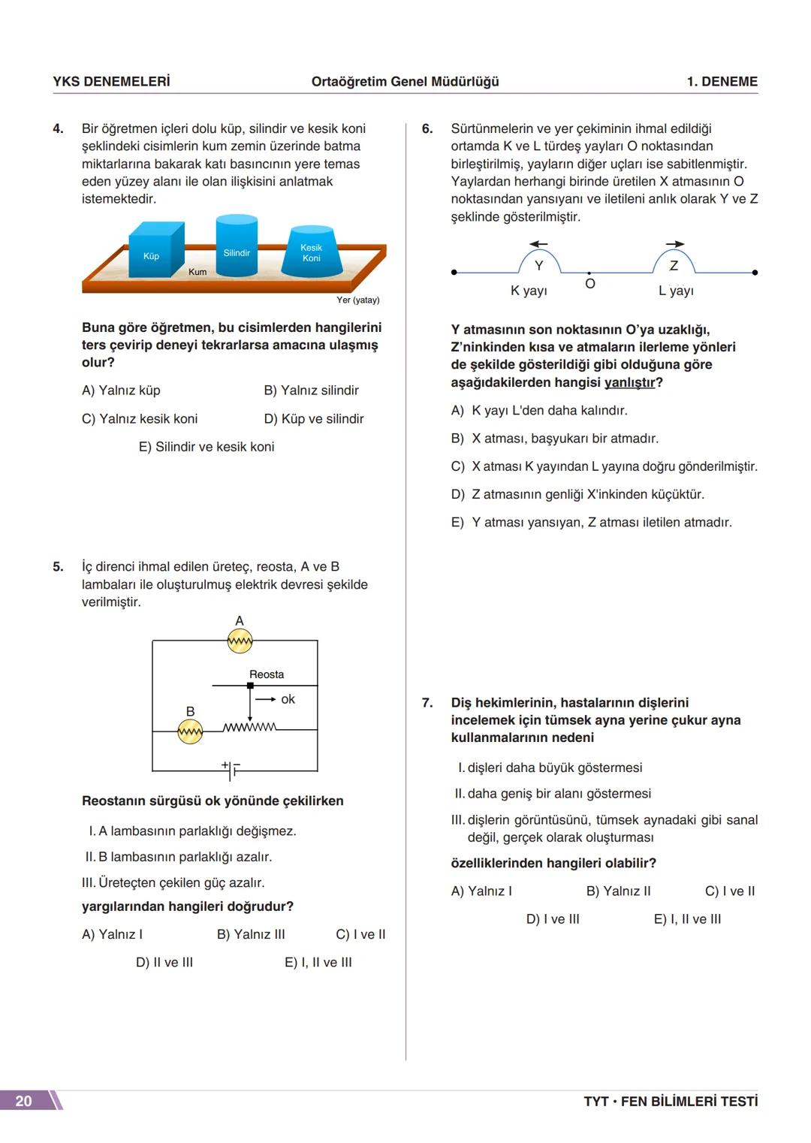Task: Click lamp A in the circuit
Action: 240,641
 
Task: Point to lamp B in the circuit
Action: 190,731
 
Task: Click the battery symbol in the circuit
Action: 232,769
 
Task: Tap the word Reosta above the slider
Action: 267,674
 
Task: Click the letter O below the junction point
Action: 589,284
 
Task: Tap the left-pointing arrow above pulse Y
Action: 538,244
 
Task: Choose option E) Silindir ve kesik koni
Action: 207,447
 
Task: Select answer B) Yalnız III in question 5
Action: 251,934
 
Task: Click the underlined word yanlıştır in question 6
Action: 629,382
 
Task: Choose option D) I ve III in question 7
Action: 553,919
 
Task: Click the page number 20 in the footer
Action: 24,1101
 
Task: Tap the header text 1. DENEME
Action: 722,82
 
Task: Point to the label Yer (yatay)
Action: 357,300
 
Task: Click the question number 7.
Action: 427,703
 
